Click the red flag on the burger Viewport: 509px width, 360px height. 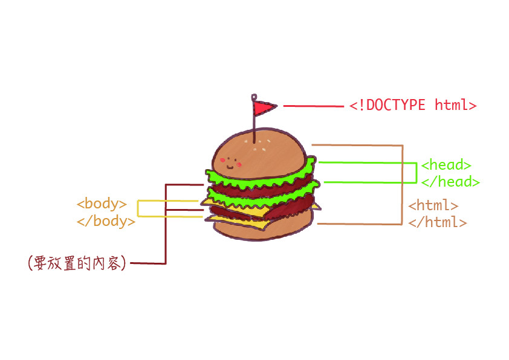[x=264, y=108]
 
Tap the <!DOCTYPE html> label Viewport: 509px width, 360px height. [x=413, y=105]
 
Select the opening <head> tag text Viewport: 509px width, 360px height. [x=446, y=164]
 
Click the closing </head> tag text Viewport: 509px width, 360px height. [x=450, y=181]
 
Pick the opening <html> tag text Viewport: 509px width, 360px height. [x=433, y=205]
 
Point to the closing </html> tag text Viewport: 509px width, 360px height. [x=437, y=222]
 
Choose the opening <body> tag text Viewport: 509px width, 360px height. [x=102, y=204]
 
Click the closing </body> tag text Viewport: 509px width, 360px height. [x=106, y=220]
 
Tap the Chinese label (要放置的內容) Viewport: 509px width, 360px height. [x=77, y=263]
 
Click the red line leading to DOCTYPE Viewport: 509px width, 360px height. [x=313, y=106]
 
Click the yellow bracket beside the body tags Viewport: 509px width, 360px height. [x=138, y=208]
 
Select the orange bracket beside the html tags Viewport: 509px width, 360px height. [x=402, y=184]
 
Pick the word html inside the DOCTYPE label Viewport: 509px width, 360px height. [x=451, y=105]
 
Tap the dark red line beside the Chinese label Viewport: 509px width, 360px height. [x=165, y=242]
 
